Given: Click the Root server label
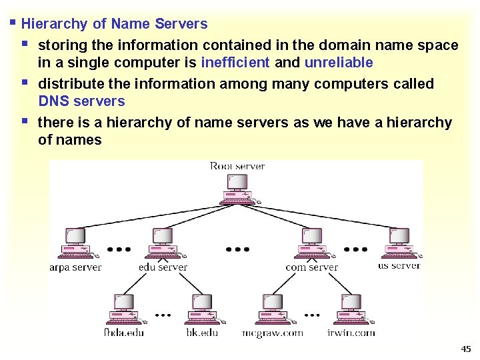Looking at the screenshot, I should [x=237, y=166].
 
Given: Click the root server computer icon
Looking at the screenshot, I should [x=237, y=189].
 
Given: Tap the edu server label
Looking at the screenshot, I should [x=163, y=267].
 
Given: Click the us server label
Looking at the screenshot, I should [x=399, y=265].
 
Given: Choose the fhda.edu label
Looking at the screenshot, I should [x=124, y=332].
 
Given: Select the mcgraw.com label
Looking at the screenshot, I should [x=272, y=333].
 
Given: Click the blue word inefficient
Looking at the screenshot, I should [x=235, y=63].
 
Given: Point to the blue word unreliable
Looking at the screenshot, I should [x=338, y=63].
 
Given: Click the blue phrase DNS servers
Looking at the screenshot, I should [x=81, y=101].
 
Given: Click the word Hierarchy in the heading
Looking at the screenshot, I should [x=55, y=24].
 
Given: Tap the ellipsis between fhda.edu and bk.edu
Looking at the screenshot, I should [x=163, y=314].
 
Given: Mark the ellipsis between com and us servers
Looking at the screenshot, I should [x=355, y=249].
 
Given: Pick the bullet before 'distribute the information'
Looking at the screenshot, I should [x=25, y=83].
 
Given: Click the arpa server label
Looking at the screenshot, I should [x=75, y=267].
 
